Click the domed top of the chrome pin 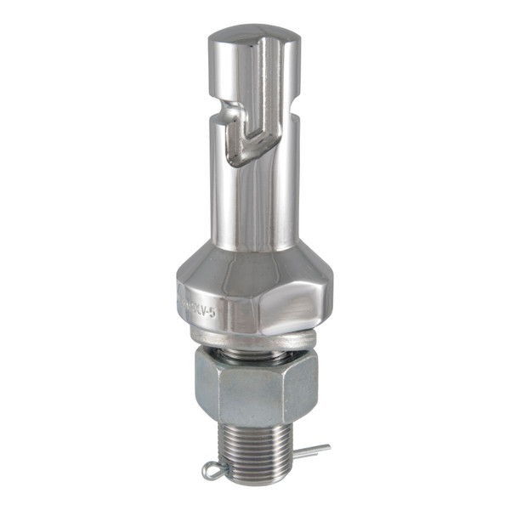click(253, 37)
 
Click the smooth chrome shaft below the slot click(253, 204)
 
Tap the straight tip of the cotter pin click(321, 447)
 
